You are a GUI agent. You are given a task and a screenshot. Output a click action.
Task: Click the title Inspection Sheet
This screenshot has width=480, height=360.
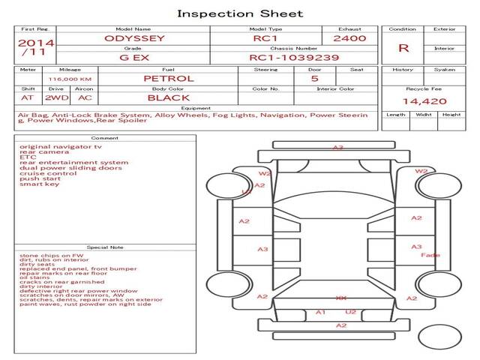pos(240,13)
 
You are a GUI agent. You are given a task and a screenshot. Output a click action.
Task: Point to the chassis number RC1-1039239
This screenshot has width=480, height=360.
pos(294,57)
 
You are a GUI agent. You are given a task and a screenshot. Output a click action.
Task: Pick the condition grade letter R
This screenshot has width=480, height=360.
pos(403,47)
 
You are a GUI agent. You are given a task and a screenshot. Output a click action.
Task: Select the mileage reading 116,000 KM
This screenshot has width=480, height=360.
pos(70,79)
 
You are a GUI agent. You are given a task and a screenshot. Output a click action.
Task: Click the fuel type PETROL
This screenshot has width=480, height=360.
pos(168,78)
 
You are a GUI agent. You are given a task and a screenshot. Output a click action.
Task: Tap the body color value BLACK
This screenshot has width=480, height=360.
pos(168,97)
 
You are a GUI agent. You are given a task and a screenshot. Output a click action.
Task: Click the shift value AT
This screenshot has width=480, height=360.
pos(27,97)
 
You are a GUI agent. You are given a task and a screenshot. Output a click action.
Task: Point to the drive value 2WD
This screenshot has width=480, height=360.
pos(53,97)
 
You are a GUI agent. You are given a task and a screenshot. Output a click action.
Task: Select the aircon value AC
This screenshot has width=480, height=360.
pos(84,97)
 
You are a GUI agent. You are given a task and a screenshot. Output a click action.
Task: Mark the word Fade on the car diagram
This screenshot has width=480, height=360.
pos(430,255)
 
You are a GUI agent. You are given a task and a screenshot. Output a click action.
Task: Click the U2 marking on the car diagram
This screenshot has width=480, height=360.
pos(350,311)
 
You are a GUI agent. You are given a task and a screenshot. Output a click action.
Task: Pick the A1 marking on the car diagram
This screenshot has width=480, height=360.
pos(320,311)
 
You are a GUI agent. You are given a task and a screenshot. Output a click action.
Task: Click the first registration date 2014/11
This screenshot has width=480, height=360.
pos(35,47)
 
